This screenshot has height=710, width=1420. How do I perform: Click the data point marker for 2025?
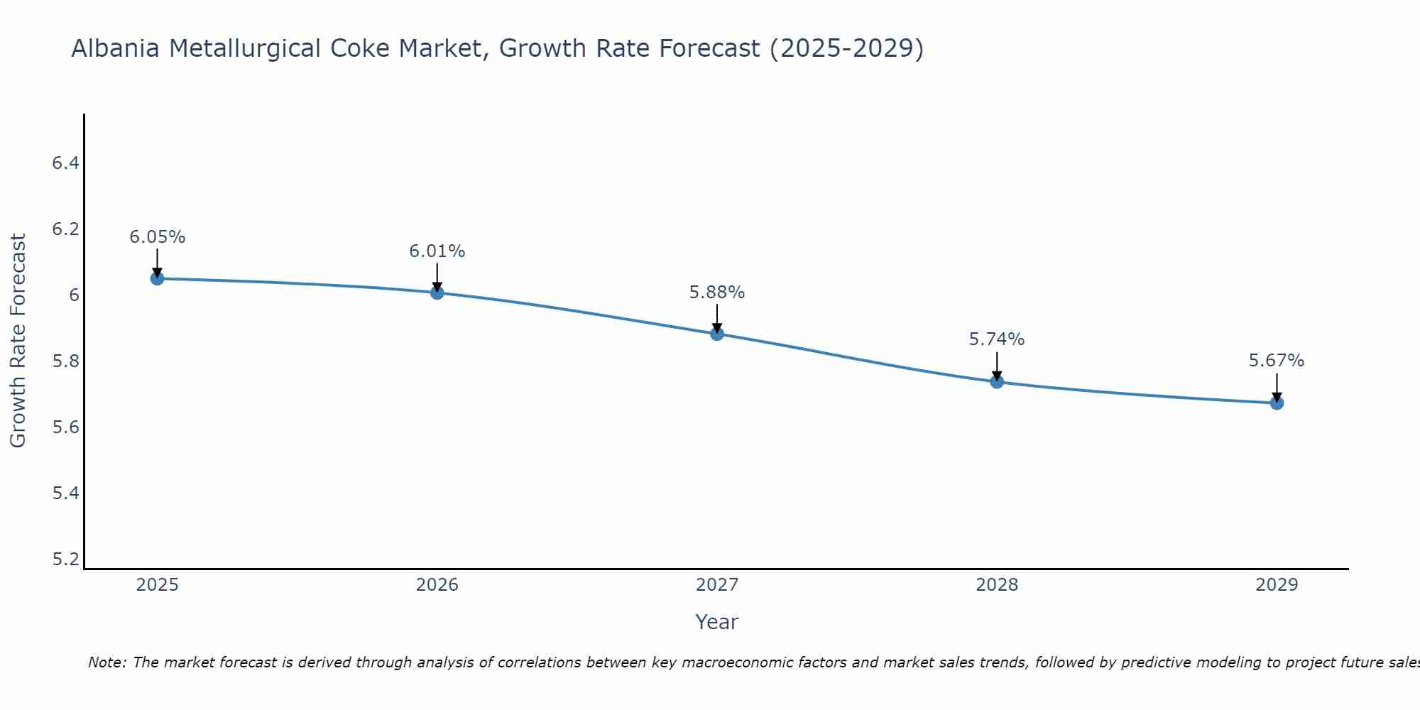pyautogui.click(x=157, y=278)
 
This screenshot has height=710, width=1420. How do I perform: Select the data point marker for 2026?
pyautogui.click(x=437, y=293)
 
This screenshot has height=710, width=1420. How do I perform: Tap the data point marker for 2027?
pyautogui.click(x=717, y=334)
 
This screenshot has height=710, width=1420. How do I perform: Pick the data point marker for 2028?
pyautogui.click(x=997, y=382)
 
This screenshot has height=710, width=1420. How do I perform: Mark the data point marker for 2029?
pyautogui.click(x=1277, y=403)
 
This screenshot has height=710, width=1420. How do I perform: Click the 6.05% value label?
pyautogui.click(x=157, y=237)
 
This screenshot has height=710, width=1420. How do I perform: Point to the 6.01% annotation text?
pyautogui.click(x=437, y=251)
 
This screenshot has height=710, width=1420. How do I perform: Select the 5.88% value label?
pyautogui.click(x=717, y=293)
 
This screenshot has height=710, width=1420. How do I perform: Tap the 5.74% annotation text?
pyautogui.click(x=997, y=339)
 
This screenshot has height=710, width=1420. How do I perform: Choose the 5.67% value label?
pyautogui.click(x=1277, y=361)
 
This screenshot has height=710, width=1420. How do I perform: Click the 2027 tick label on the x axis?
pyautogui.click(x=717, y=585)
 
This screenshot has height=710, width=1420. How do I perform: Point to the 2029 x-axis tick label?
pyautogui.click(x=1277, y=585)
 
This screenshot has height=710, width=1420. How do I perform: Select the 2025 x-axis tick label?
pyautogui.click(x=157, y=585)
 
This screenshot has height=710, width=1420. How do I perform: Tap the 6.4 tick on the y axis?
pyautogui.click(x=65, y=163)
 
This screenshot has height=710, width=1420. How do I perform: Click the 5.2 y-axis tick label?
pyautogui.click(x=65, y=559)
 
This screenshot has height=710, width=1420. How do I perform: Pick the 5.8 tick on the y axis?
pyautogui.click(x=65, y=361)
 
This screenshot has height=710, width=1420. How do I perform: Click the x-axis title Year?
pyautogui.click(x=717, y=622)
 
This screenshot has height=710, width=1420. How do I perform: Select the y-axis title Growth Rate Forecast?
pyautogui.click(x=18, y=341)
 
